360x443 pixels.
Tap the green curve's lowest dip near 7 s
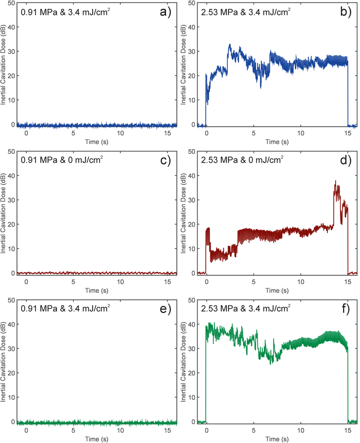click(x=272, y=363)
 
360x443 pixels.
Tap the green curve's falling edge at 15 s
click(x=348, y=386)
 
